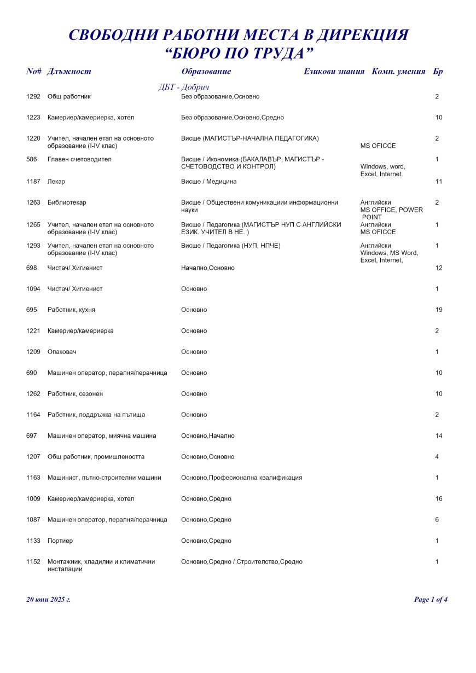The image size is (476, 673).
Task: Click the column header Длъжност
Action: (x=69, y=72)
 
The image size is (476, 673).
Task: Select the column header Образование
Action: (x=206, y=72)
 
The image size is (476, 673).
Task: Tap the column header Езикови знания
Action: (x=334, y=72)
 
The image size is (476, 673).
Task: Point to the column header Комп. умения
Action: (x=398, y=72)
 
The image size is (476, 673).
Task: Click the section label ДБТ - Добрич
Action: (x=184, y=88)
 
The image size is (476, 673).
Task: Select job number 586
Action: (x=32, y=159)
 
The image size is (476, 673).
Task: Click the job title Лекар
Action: (x=56, y=182)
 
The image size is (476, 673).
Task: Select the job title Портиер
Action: (x=60, y=541)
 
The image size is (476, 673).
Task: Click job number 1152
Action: (x=33, y=562)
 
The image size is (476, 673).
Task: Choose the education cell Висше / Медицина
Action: (x=209, y=182)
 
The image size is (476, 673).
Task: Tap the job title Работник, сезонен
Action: (x=75, y=394)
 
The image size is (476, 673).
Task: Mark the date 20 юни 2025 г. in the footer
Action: (x=48, y=600)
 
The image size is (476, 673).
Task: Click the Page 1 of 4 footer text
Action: (x=431, y=600)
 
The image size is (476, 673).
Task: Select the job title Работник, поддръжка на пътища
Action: (x=96, y=415)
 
